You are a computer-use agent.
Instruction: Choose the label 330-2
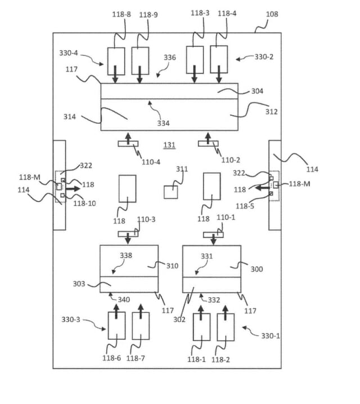pos(264,57)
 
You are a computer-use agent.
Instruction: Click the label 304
pos(257,91)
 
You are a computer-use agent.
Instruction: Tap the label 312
pos(271,111)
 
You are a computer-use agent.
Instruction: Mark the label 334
pos(163,123)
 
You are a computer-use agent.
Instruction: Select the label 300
pos(256,269)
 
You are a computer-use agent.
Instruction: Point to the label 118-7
pos(137,358)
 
